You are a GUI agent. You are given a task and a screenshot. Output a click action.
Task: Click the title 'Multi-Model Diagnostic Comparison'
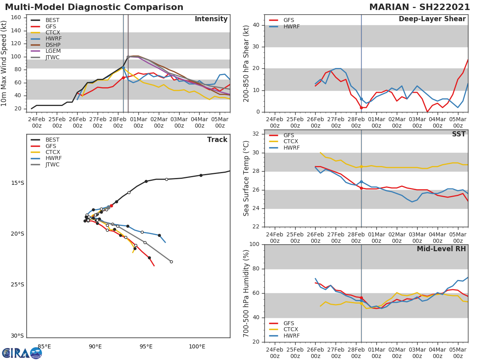point(94,7)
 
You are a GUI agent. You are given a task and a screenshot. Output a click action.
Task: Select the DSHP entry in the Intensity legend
point(52,45)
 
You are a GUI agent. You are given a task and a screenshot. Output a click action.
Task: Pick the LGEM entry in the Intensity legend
point(52,51)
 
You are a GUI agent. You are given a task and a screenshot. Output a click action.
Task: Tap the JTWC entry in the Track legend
point(52,164)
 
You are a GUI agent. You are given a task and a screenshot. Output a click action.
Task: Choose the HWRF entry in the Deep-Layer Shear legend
point(291,26)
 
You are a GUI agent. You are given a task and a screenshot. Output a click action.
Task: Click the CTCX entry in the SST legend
point(291,142)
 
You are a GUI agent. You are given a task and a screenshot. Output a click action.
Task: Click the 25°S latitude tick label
point(17,285)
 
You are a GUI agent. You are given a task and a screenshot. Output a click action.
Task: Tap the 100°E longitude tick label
point(197,347)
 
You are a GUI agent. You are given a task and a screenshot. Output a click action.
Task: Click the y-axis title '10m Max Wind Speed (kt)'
point(4,63)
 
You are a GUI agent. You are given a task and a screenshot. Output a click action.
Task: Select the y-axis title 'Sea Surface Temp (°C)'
point(246,178)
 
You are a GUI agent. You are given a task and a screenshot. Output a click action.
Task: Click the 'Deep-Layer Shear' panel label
point(432,19)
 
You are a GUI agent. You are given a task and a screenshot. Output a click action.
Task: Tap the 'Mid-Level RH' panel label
point(441,249)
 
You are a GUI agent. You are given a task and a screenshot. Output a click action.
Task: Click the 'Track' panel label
point(217,140)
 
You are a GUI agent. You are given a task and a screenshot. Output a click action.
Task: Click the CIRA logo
point(22,353)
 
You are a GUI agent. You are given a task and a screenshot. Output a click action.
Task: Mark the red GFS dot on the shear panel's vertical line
point(361,108)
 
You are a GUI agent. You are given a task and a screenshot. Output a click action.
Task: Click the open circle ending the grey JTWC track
point(171,262)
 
